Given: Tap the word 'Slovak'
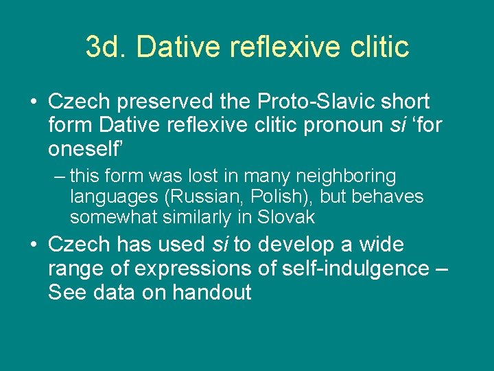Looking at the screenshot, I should [286, 217].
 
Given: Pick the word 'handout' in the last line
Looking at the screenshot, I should [212, 292].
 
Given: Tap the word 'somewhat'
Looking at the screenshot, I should [113, 217].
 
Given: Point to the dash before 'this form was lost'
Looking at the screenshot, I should [59, 177].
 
